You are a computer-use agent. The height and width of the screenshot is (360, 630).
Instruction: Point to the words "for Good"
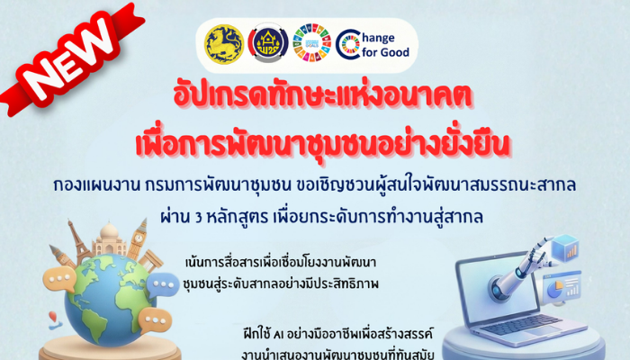click(x=384, y=52)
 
